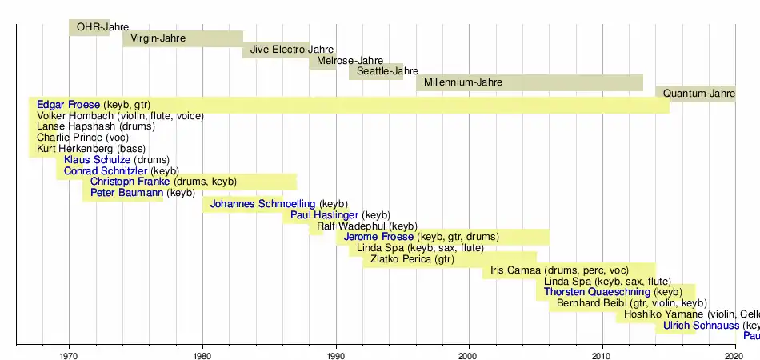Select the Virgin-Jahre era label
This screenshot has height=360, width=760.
[x=158, y=38]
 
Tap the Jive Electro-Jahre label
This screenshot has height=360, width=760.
[x=292, y=50]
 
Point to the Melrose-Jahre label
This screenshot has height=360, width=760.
[x=350, y=61]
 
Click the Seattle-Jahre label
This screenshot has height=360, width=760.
[x=387, y=71]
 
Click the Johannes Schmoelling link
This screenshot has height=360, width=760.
[x=262, y=204]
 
